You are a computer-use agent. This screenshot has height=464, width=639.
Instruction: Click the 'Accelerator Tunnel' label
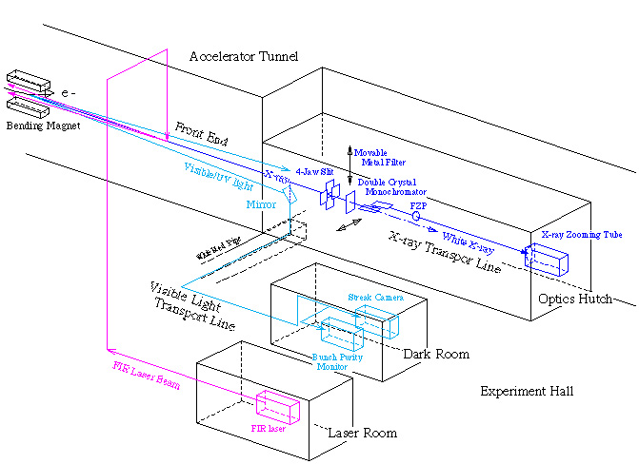(243, 57)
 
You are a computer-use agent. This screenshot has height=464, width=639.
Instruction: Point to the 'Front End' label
(202, 134)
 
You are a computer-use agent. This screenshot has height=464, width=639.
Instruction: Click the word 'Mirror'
(261, 203)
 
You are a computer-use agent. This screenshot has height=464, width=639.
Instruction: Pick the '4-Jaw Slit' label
(313, 173)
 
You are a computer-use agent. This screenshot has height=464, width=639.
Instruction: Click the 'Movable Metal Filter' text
(379, 157)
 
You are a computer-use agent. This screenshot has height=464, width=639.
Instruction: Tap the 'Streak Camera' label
(376, 298)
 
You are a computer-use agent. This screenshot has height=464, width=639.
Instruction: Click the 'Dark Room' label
(436, 354)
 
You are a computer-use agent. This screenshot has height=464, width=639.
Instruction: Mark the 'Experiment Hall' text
(527, 391)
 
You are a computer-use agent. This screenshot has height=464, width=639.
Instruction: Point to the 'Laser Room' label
(362, 433)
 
